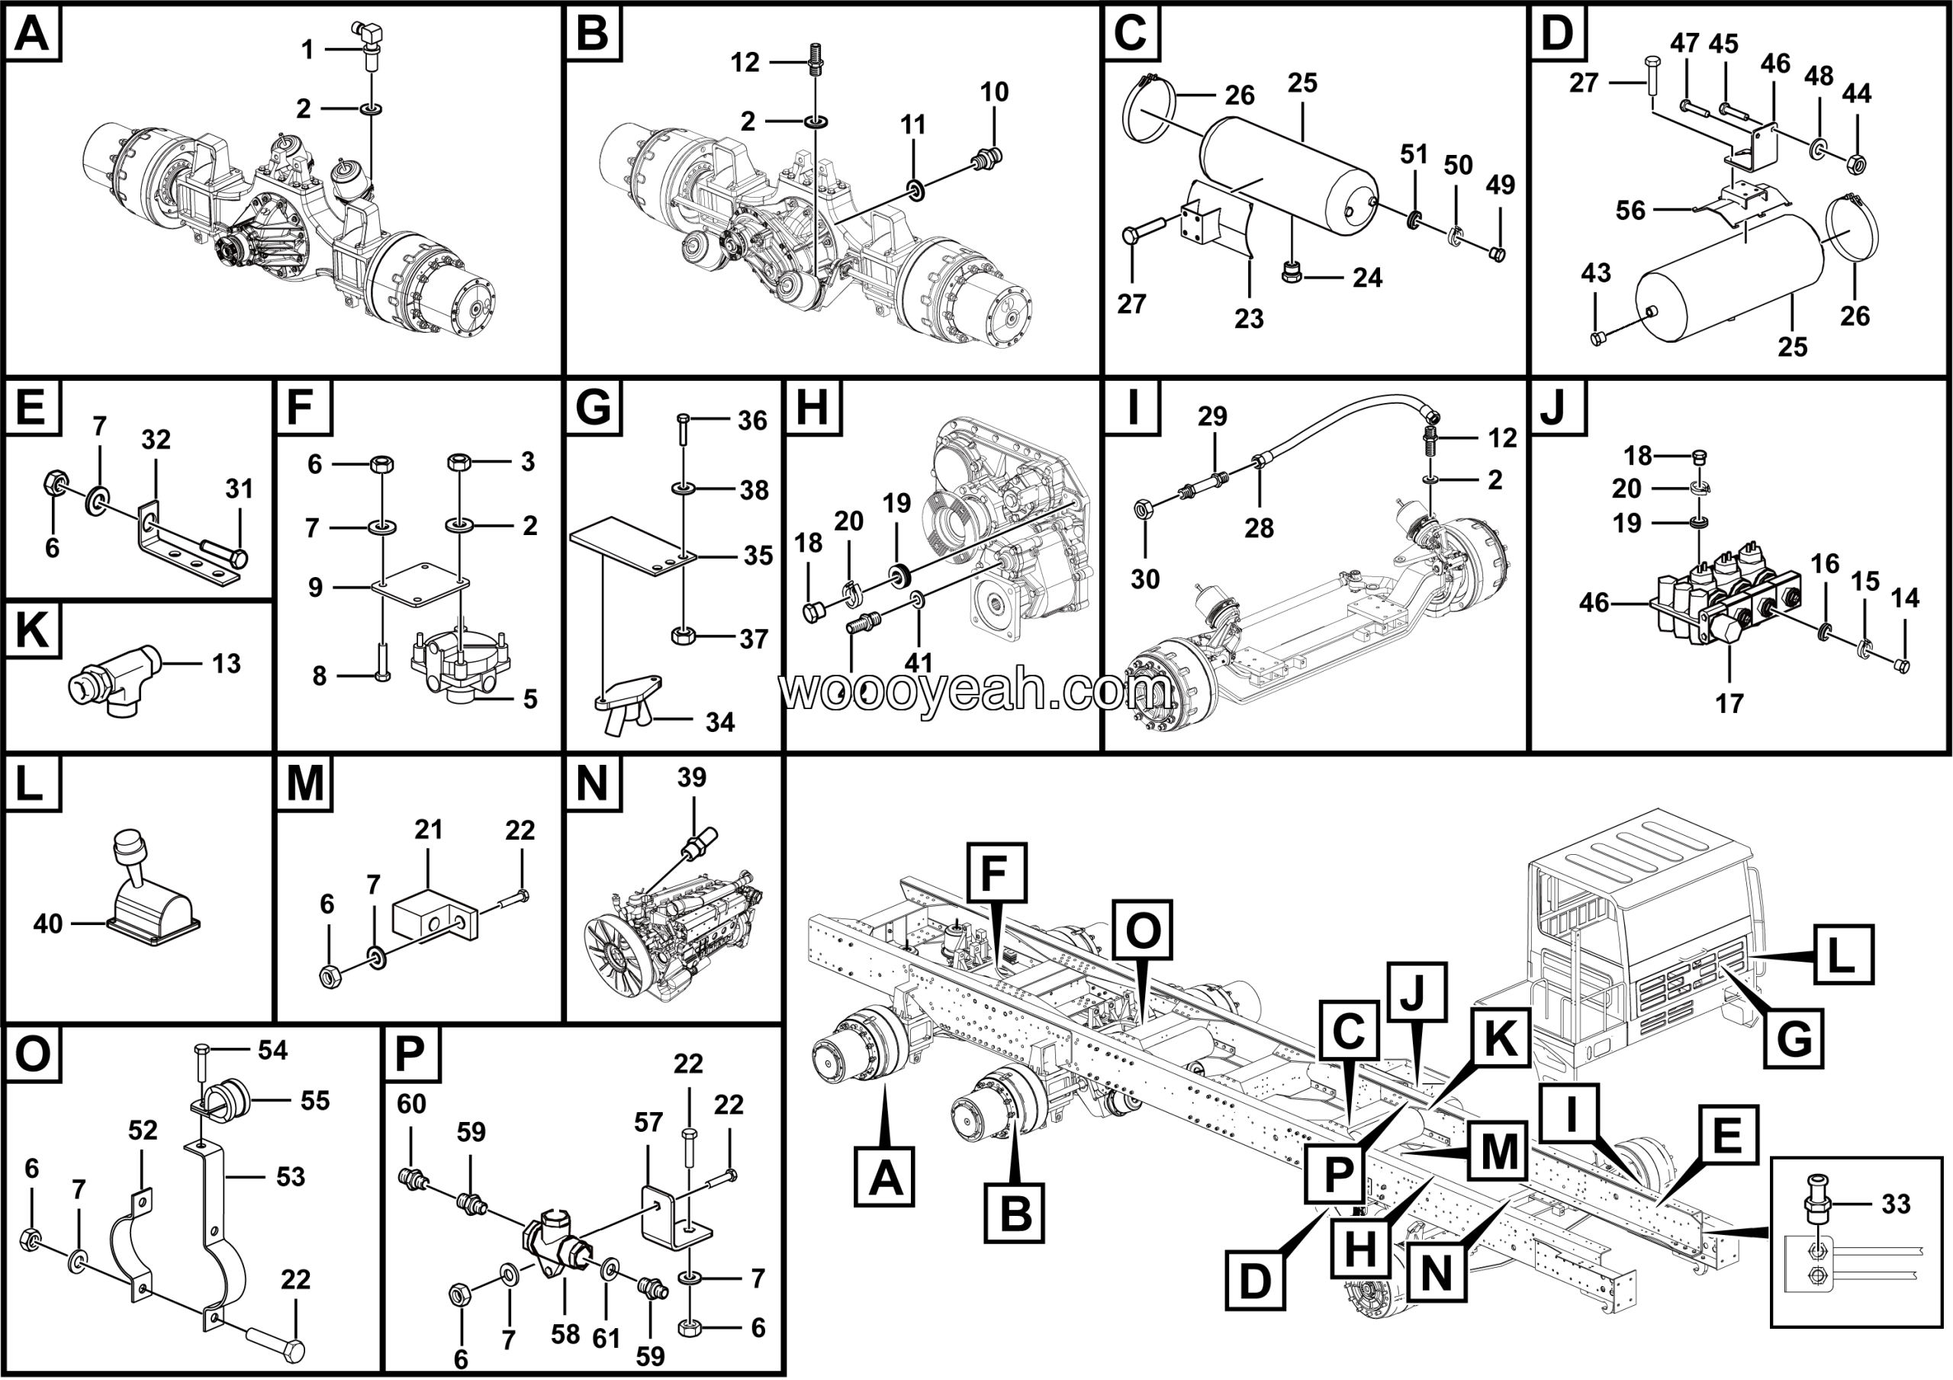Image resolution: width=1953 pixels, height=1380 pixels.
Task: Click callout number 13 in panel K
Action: point(227,663)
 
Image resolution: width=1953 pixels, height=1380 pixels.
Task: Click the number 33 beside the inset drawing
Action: point(1896,1204)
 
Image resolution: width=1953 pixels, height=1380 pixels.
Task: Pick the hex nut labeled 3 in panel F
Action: point(459,462)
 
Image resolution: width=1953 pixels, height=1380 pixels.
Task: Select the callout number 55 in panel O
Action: point(315,1101)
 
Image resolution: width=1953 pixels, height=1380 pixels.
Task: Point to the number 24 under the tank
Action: point(1367,277)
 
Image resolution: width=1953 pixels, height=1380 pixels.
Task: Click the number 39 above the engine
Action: point(691,777)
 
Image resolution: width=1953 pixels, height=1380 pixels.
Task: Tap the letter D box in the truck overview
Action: point(1255,1282)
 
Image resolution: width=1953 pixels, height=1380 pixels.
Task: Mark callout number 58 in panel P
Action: point(565,1334)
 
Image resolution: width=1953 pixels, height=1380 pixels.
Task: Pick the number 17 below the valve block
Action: point(1729,704)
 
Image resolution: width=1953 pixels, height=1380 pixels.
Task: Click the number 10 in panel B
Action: point(993,92)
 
